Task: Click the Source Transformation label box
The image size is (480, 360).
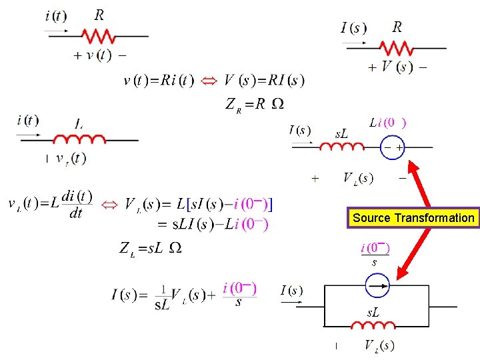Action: (x=414, y=218)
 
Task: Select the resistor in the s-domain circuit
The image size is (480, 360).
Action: (x=397, y=48)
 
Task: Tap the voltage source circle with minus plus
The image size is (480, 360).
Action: (x=391, y=147)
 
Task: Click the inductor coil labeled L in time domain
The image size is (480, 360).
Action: (x=79, y=139)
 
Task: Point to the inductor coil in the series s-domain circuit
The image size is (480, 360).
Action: (x=342, y=146)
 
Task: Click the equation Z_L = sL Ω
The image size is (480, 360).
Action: (x=150, y=249)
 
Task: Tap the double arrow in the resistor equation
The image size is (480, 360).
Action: (x=209, y=81)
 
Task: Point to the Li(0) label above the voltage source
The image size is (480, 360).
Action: (x=387, y=123)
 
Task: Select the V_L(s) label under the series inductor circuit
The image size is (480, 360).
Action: (x=359, y=178)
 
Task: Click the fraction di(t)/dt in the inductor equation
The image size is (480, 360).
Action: (x=76, y=205)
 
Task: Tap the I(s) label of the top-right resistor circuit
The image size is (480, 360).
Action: (x=353, y=28)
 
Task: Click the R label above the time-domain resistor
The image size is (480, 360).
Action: (x=99, y=15)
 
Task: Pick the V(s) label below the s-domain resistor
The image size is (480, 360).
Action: (x=397, y=67)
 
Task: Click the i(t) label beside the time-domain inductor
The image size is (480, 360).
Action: (x=28, y=121)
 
